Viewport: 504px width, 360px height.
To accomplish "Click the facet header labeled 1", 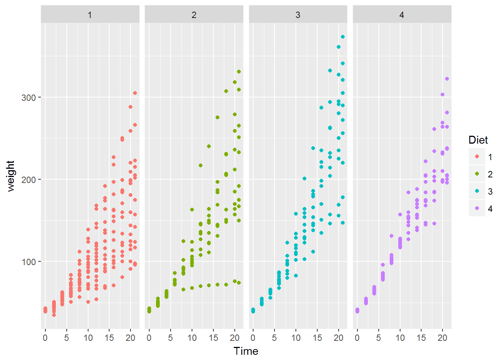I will (90, 15).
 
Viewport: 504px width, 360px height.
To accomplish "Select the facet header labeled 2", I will (194, 15).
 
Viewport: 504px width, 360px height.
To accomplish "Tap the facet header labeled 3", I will (298, 15).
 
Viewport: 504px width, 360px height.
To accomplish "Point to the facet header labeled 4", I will (402, 15).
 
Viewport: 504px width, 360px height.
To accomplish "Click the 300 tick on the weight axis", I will (28, 97).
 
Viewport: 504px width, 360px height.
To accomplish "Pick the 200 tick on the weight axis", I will (28, 180).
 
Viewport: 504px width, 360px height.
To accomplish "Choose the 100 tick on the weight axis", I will (28, 262).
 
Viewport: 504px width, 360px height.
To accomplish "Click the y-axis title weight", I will (10, 176).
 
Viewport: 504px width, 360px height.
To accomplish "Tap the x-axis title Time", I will (246, 351).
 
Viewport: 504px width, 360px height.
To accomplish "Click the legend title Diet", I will (478, 140).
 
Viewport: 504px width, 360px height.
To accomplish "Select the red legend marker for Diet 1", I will (477, 157).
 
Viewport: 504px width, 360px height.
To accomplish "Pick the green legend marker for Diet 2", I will (477, 174).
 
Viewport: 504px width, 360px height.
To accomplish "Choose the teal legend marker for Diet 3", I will (477, 191).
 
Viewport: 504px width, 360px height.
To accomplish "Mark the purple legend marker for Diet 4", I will (477, 208).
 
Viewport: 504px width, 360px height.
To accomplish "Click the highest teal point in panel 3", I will (343, 37).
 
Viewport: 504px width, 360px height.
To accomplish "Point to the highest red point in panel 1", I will (135, 93).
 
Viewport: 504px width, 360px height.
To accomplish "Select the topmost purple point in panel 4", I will (447, 79).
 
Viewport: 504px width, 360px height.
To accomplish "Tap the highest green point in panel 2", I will (239, 72).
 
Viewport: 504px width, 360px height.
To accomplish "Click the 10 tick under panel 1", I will (88, 338).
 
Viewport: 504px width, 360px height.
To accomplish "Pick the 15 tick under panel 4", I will (421, 338).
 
